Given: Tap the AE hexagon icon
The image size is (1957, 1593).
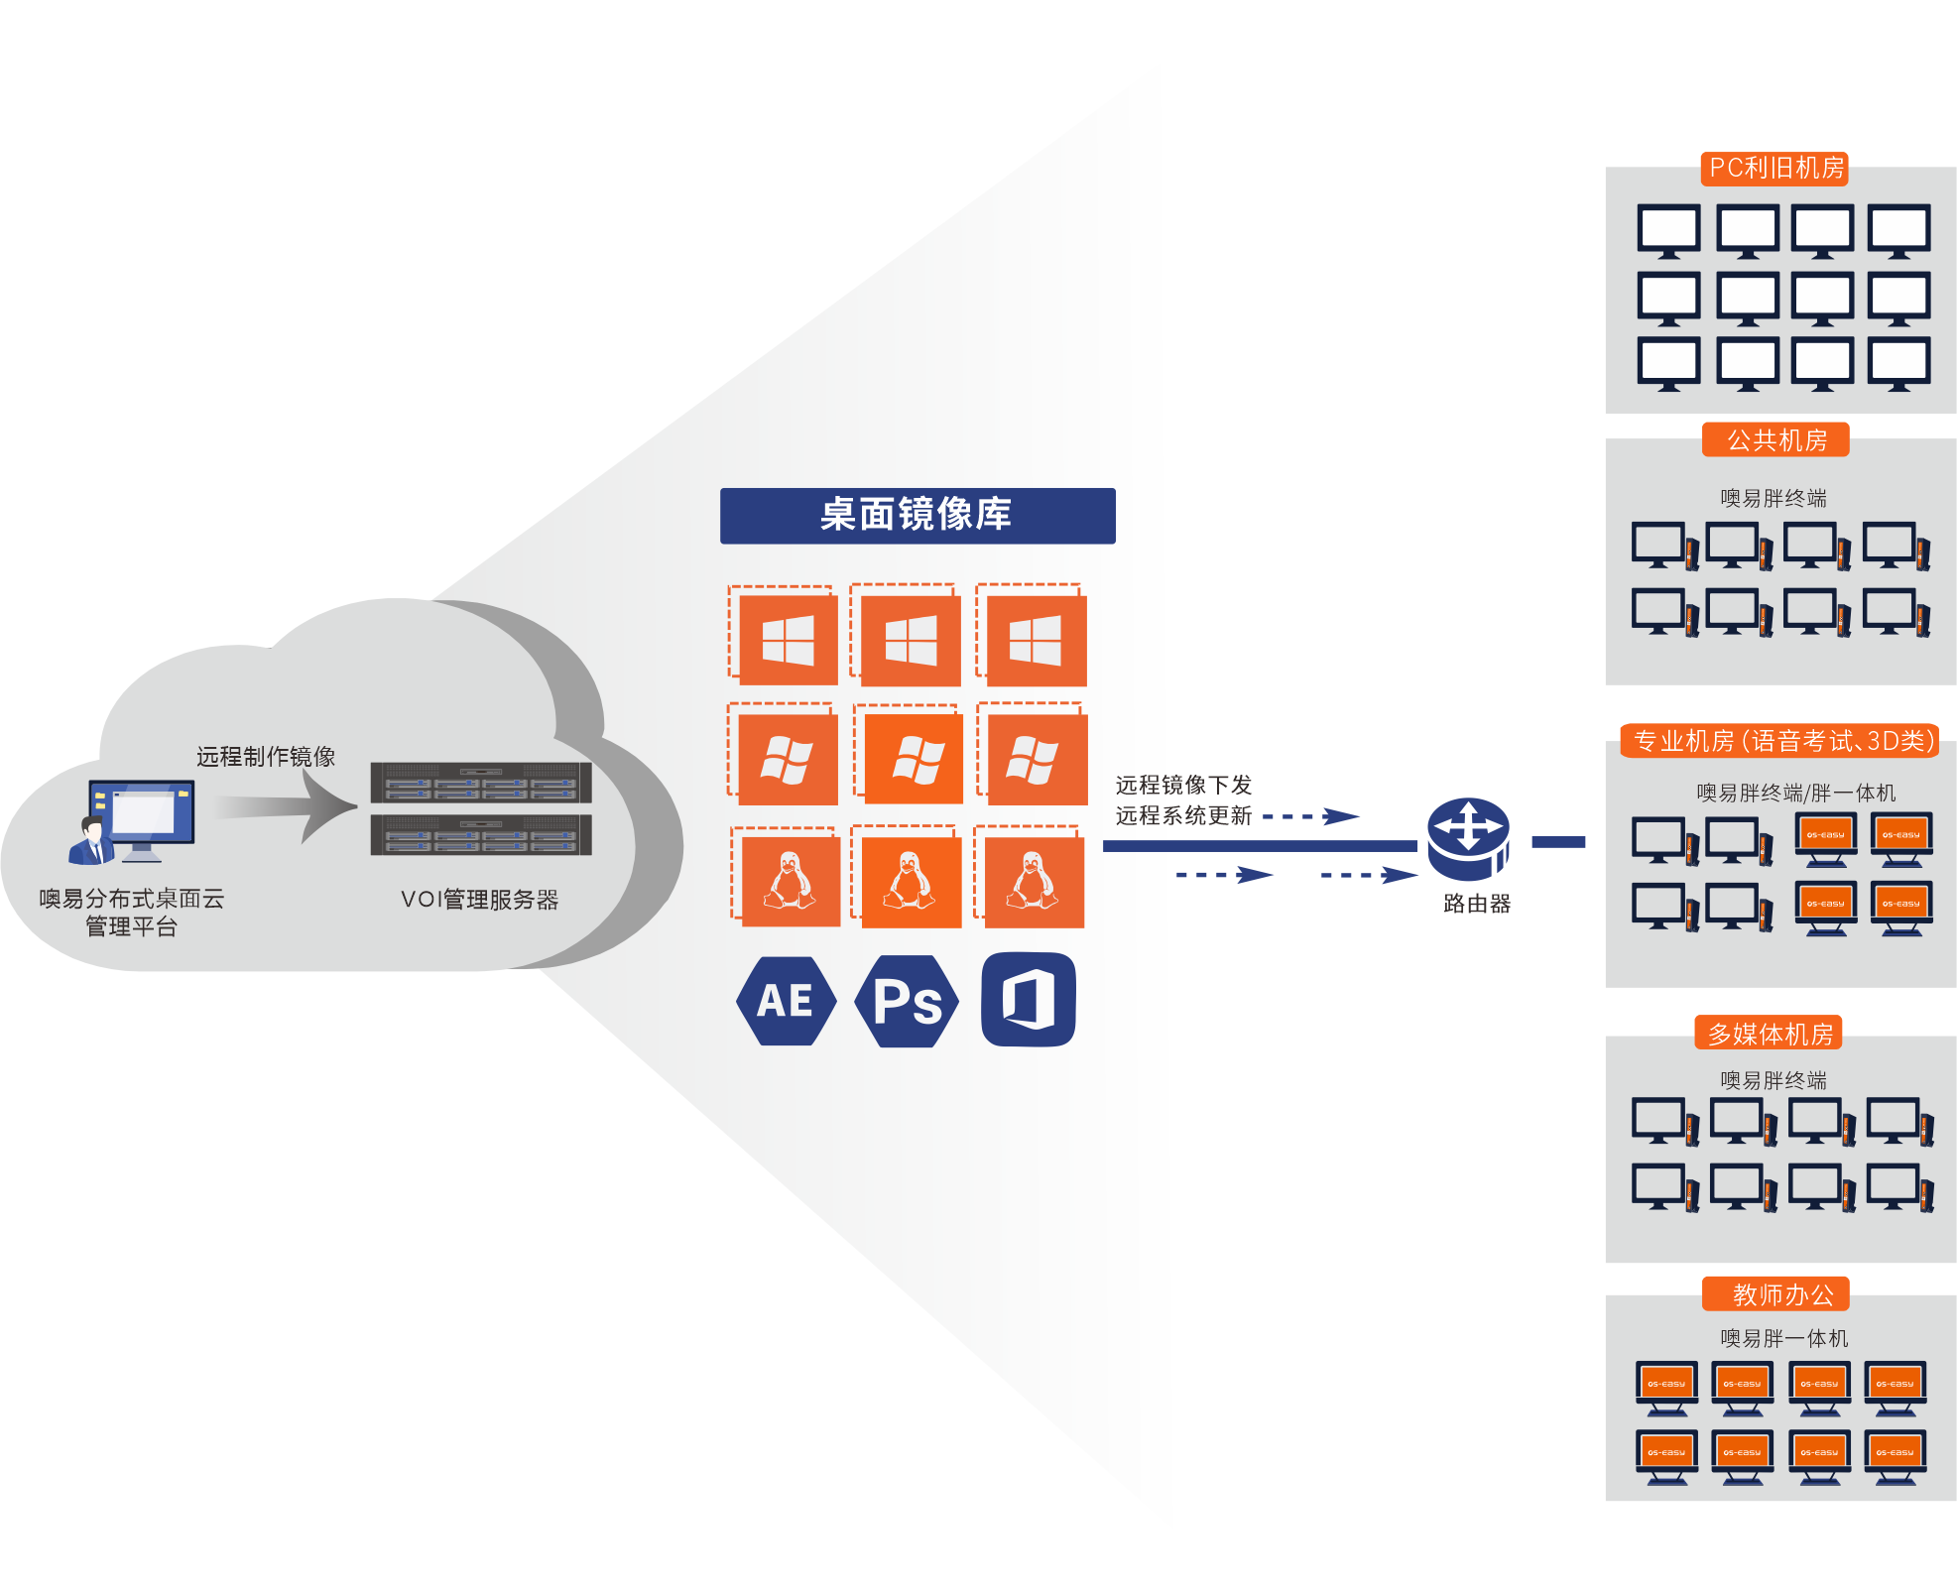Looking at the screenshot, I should (x=786, y=1001).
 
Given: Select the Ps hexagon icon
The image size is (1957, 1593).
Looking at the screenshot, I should (x=907, y=1001).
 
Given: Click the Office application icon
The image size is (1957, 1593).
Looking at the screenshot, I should (x=1029, y=999).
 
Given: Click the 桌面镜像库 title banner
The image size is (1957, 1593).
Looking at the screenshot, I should (x=917, y=515).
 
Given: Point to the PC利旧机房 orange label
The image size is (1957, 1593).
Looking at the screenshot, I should (x=1775, y=168).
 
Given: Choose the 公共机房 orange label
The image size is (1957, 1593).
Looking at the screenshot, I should (x=1775, y=439).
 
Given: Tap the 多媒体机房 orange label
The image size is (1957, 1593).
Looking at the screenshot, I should (x=1770, y=1034).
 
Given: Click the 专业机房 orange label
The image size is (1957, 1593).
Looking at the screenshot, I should (x=1780, y=741).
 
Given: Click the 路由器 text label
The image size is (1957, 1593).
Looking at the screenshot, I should (x=1477, y=904).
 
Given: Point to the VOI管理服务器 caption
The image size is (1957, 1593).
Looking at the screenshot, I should (x=479, y=900).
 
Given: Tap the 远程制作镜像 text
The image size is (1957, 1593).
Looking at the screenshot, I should (x=266, y=757).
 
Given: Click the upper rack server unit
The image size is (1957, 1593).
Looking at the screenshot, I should (x=481, y=782).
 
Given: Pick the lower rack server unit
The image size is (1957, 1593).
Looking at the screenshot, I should (x=481, y=834).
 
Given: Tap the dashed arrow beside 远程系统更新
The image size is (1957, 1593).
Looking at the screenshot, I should (x=1311, y=816).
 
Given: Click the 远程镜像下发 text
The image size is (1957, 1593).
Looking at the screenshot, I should (x=1183, y=786).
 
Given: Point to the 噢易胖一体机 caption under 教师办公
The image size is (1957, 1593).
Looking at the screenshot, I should (x=1783, y=1338).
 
